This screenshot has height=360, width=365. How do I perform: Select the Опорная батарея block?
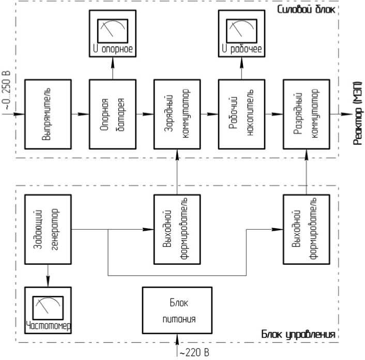coord(111,114)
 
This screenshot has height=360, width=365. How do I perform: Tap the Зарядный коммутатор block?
coord(176,114)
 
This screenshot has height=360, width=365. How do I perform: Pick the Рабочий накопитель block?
coord(240,114)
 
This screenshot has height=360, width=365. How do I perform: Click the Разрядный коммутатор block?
coord(306,114)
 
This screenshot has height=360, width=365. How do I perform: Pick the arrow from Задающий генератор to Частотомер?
coord(47,275)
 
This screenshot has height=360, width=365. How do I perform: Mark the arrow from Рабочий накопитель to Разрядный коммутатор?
coord(273,114)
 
